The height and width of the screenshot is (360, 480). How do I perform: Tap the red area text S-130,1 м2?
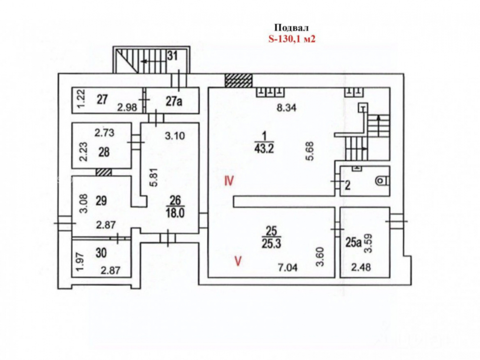coord(292,39)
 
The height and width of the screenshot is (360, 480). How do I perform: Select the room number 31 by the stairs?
coord(172,55)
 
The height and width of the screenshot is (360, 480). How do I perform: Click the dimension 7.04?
coord(288,268)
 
